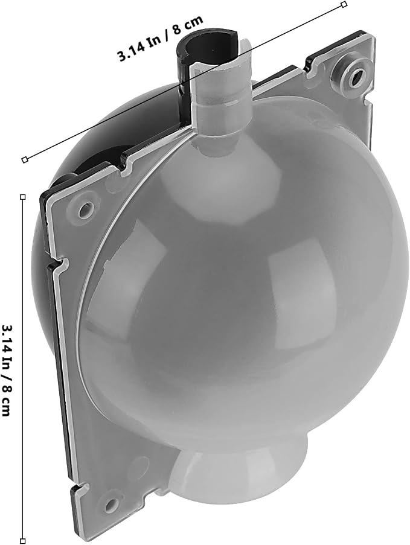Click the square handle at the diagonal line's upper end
pyautogui.click(x=344, y=4)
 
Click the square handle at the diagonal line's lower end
pyautogui.click(x=24, y=160)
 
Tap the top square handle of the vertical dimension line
pyautogui.click(x=23, y=197)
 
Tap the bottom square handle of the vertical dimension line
pyautogui.click(x=23, y=541)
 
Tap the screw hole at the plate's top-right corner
pyautogui.click(x=356, y=74)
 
